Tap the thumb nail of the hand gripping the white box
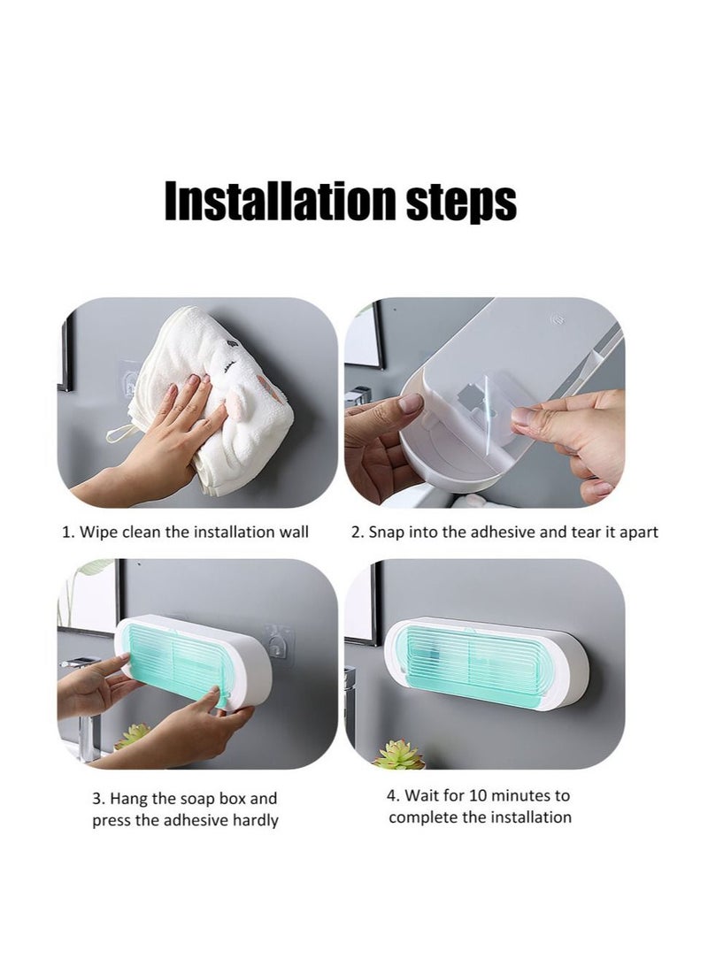point(410,403)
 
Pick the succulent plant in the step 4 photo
point(400,755)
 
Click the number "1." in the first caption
point(67,532)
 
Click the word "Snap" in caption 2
point(387,532)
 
